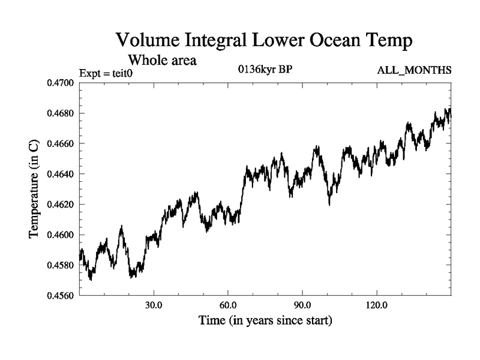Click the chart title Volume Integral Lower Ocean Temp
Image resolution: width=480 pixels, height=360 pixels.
point(263,40)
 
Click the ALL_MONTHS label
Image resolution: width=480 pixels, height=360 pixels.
point(414,71)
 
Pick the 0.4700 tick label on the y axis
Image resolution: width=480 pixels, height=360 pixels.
point(60,83)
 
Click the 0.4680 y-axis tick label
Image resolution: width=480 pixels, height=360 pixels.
point(60,113)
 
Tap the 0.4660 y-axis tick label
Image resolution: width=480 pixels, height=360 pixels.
point(60,144)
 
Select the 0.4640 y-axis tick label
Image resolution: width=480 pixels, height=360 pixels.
point(60,174)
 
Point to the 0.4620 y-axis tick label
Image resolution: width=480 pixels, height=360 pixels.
point(60,205)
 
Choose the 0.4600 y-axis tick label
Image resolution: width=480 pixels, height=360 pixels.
point(60,235)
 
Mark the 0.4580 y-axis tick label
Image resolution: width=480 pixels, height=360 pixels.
point(60,265)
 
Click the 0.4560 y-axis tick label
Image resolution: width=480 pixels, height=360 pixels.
point(60,296)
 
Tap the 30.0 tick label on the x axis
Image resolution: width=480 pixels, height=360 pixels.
point(154,306)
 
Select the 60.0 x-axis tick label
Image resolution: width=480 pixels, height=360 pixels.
point(229,306)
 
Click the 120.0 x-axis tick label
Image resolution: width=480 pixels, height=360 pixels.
point(377,306)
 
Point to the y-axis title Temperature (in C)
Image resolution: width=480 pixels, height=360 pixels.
point(34,189)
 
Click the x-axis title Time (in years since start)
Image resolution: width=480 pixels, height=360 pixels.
point(265,321)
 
